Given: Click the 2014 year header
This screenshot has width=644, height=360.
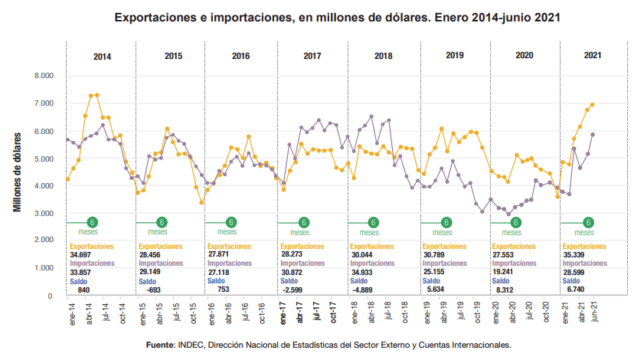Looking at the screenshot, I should [101, 57].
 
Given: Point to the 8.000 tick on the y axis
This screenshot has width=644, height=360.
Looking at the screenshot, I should [43, 76].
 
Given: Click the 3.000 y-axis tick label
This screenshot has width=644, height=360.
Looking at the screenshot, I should [43, 213].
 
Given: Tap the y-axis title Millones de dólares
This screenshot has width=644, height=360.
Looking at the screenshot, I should [17, 172].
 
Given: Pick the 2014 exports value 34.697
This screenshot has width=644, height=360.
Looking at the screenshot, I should [80, 253].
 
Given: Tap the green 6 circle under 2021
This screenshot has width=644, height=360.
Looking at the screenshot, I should [589, 223].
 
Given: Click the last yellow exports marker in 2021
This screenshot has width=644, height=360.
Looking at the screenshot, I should [593, 105].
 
